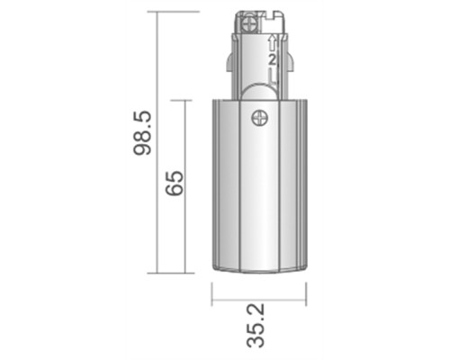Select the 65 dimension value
pyautogui.click(x=174, y=184)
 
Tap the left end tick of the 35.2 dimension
pyautogui.click(x=212, y=294)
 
